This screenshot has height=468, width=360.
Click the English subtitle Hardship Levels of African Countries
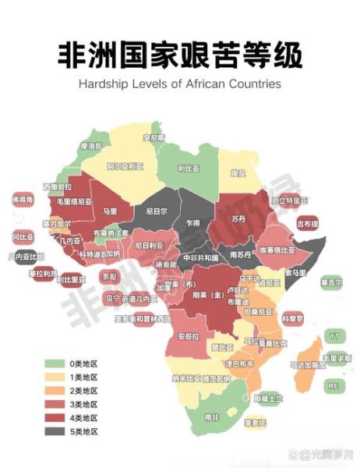(179, 83)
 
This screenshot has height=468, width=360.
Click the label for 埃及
(238, 172)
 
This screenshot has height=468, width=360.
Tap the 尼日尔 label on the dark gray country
(157, 211)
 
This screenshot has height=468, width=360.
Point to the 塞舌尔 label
(332, 282)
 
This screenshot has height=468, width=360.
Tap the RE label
(333, 385)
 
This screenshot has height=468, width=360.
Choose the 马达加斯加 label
(308, 364)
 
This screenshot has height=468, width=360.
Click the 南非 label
(211, 417)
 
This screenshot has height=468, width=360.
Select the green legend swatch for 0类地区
(55, 363)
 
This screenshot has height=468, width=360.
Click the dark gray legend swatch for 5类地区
(55, 430)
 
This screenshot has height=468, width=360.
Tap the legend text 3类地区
(83, 403)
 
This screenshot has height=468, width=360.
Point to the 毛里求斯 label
(337, 358)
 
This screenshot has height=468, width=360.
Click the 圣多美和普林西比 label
(121, 318)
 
